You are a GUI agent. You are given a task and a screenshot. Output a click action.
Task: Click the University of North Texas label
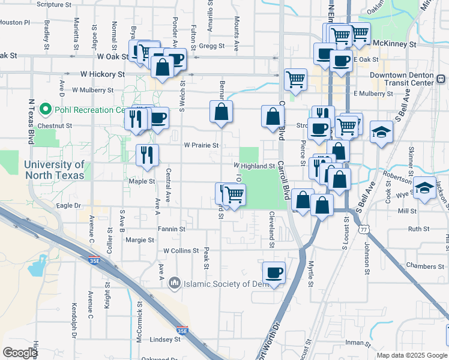(x=54, y=170)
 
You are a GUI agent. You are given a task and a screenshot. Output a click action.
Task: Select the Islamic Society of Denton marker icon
(x=175, y=282)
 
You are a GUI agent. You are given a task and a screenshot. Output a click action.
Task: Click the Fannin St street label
(x=171, y=229)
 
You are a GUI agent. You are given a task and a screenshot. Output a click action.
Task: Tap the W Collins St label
(x=181, y=250)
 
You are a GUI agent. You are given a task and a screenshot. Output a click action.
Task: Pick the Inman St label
(x=358, y=343)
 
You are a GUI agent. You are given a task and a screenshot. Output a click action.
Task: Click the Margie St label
(x=140, y=240)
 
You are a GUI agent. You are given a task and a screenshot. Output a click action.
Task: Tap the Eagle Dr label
(x=68, y=205)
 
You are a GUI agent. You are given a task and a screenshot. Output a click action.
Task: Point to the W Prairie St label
(x=201, y=145)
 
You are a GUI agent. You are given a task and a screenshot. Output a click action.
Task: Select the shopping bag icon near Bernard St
(x=221, y=112)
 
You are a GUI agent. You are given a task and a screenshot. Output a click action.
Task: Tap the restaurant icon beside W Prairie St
(x=147, y=155)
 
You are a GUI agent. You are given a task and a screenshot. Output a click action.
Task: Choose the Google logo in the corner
(x=20, y=353)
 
